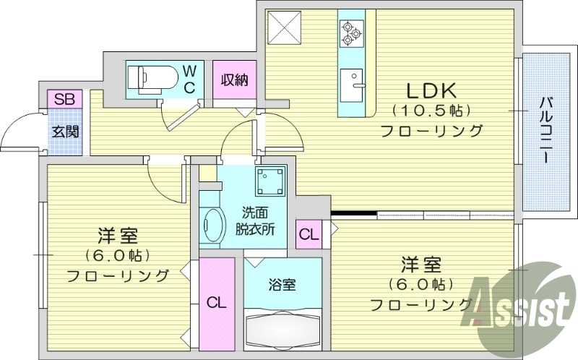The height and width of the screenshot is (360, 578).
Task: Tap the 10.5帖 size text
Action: tap(431, 111)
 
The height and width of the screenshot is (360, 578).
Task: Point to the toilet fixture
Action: tap(152, 76)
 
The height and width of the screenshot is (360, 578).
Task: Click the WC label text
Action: tap(189, 79)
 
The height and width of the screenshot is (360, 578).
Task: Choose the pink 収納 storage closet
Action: tap(234, 80)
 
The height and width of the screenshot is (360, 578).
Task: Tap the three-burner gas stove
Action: tap(351, 31)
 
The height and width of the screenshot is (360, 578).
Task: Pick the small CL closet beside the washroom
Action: tap(308, 235)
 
